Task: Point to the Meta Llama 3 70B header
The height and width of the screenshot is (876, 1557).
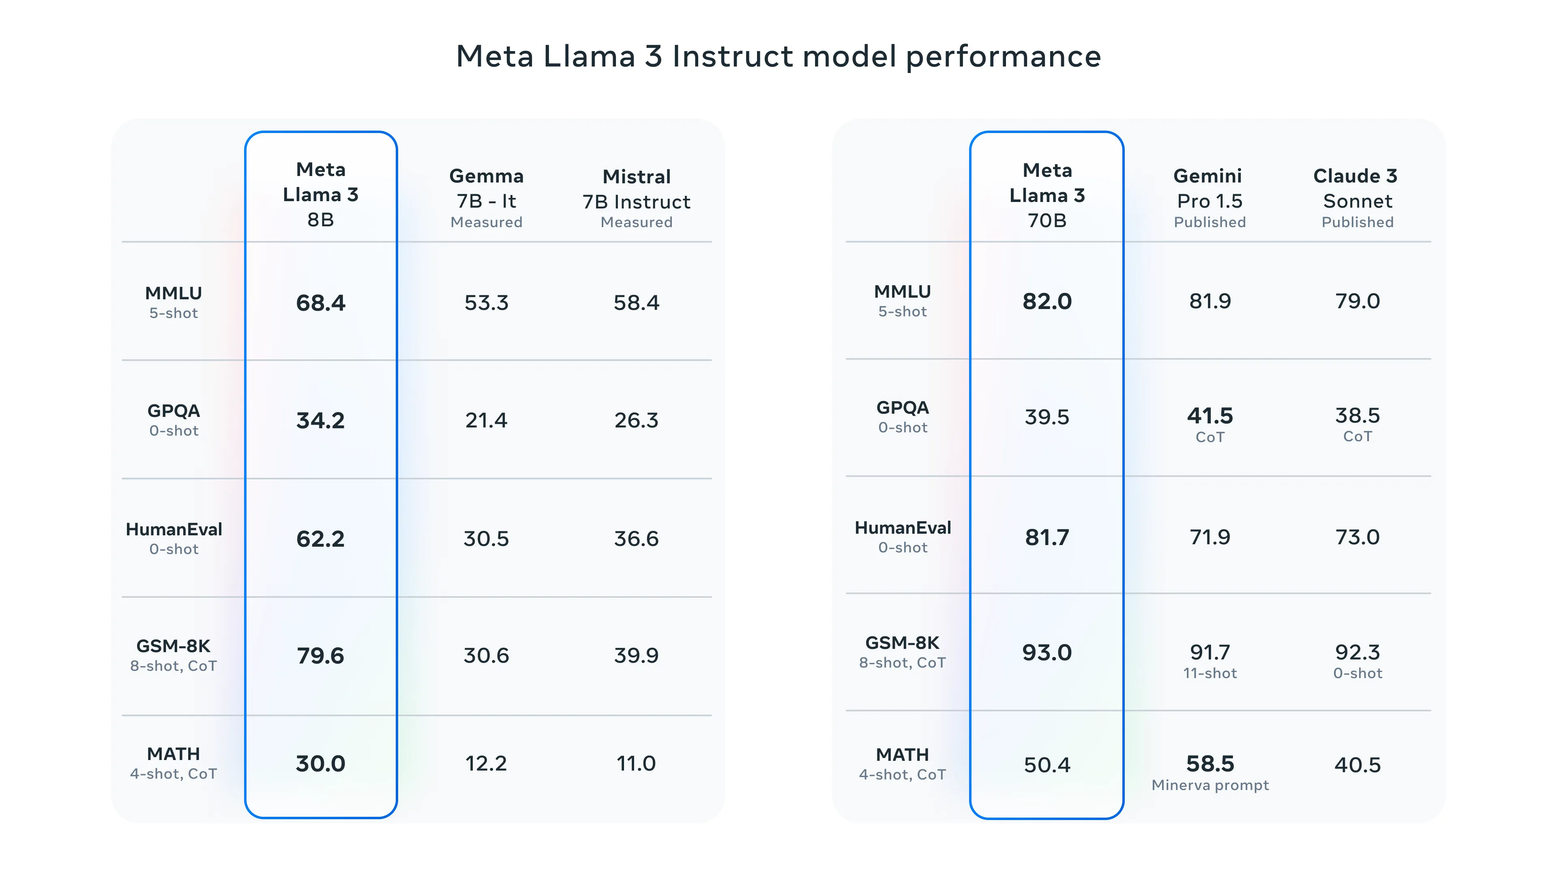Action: tap(1047, 195)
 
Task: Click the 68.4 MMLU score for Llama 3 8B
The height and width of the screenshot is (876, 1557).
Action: tap(320, 302)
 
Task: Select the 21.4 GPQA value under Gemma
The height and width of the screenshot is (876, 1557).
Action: tap(486, 420)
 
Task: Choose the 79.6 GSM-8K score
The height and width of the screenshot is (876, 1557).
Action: tap(320, 655)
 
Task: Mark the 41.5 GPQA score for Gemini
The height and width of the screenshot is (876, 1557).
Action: tap(1210, 416)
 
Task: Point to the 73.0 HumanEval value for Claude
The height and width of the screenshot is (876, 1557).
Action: tap(1357, 537)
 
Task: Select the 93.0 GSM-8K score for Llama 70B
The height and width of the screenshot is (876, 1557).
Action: tap(1047, 652)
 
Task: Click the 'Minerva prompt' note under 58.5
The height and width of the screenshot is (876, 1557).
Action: tap(1210, 785)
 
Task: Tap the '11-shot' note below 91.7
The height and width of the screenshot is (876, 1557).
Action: tap(1210, 673)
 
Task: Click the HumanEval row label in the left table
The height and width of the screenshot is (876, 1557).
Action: tap(174, 530)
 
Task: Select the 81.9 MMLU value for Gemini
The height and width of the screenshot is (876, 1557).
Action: tap(1210, 301)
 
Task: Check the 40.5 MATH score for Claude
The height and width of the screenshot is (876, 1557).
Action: tap(1357, 765)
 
